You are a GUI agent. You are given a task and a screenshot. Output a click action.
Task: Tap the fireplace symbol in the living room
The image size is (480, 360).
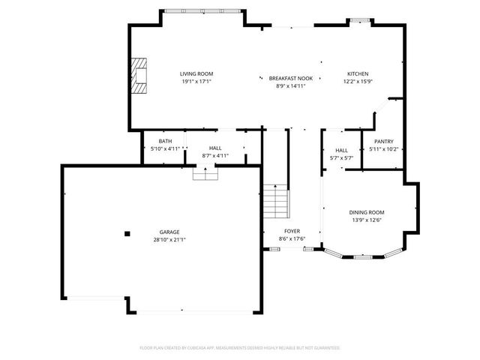[139, 73]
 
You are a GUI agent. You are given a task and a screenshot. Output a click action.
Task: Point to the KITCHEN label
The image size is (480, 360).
[358, 73]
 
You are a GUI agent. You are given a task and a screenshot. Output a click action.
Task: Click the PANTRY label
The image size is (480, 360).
[383, 142]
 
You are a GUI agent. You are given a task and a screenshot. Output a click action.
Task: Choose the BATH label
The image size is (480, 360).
[165, 142]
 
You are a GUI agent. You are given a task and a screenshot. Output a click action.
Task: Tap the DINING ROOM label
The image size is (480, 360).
[367, 213]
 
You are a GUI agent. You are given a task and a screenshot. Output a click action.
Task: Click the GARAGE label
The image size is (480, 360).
[169, 232]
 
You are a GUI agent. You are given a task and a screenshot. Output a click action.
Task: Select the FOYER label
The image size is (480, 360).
[292, 231]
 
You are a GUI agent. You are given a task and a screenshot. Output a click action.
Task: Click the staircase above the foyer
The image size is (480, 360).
[276, 201]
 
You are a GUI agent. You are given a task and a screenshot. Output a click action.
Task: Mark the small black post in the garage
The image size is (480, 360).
[127, 233]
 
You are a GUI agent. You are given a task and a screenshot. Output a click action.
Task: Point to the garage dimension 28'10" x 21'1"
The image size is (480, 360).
[169, 240]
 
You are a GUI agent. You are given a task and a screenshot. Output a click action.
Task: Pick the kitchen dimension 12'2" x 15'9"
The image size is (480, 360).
[358, 81]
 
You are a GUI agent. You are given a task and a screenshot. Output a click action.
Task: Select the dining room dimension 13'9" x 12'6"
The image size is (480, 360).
[367, 220]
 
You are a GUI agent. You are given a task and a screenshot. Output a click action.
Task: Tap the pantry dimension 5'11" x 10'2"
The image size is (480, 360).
[383, 149]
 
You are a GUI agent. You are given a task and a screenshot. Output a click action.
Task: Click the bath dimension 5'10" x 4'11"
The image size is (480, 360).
[165, 148]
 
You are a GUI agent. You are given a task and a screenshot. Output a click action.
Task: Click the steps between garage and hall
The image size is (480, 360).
[205, 173]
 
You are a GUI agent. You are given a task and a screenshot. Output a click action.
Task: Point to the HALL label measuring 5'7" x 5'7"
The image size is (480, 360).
[341, 151]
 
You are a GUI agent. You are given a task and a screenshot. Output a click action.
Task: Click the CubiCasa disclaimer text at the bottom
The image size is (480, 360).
[240, 348]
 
